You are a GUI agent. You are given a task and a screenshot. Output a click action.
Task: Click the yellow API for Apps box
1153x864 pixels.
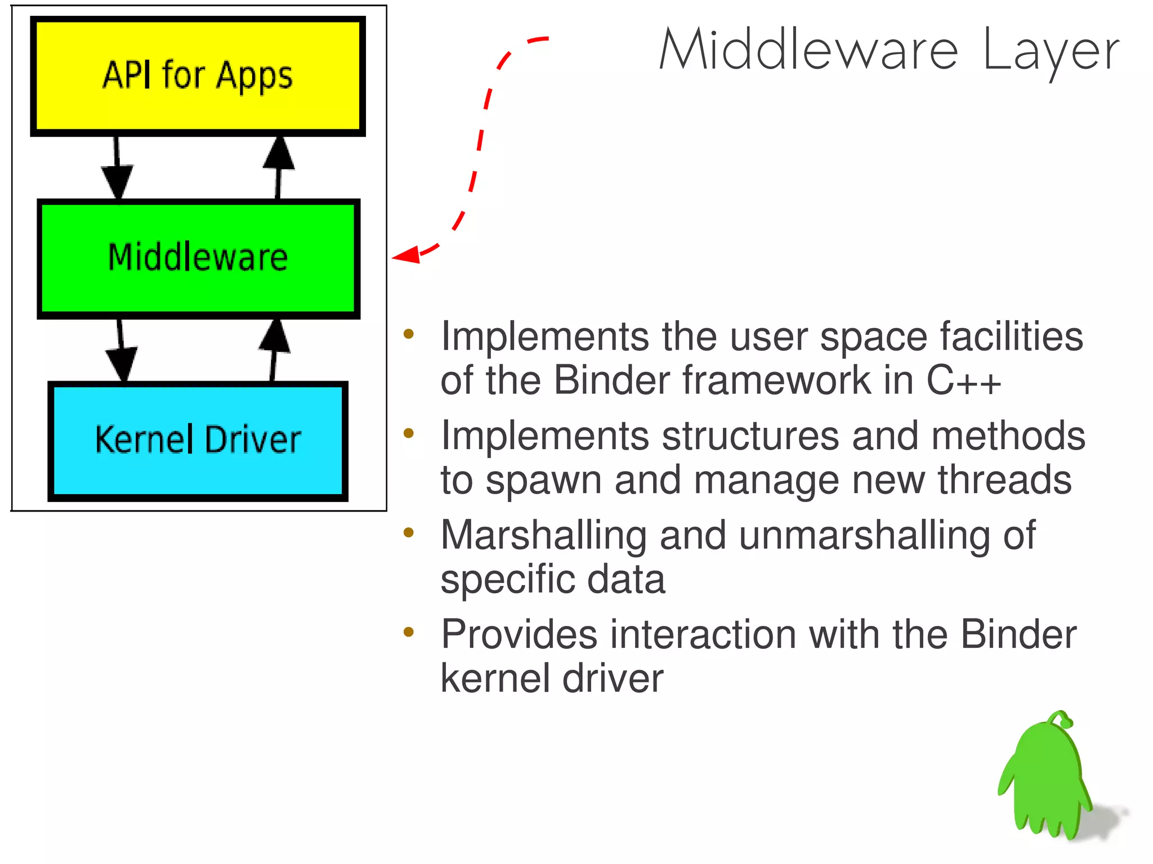point(198,77)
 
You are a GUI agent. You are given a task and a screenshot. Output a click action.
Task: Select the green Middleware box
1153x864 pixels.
point(198,258)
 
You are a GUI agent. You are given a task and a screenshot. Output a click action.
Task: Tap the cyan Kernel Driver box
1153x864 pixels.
point(198,441)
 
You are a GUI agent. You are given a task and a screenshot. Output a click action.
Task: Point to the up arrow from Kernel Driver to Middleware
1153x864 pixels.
point(274,349)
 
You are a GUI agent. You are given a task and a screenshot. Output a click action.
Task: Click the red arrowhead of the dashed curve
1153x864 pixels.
point(406,256)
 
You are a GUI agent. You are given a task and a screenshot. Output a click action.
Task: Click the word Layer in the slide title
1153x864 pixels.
point(1051,52)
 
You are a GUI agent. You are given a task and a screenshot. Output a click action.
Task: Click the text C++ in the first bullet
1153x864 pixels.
point(963,381)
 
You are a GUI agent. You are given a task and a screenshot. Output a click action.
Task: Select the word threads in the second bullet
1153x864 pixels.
point(1004,480)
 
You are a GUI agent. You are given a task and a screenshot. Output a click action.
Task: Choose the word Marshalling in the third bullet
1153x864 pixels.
point(543,535)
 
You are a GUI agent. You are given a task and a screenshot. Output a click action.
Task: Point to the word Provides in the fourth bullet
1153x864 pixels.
point(519,635)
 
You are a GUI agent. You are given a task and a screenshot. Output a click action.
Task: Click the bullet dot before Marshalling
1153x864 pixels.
point(409,532)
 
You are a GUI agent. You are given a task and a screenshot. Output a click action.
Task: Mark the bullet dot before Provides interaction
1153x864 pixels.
point(409,632)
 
